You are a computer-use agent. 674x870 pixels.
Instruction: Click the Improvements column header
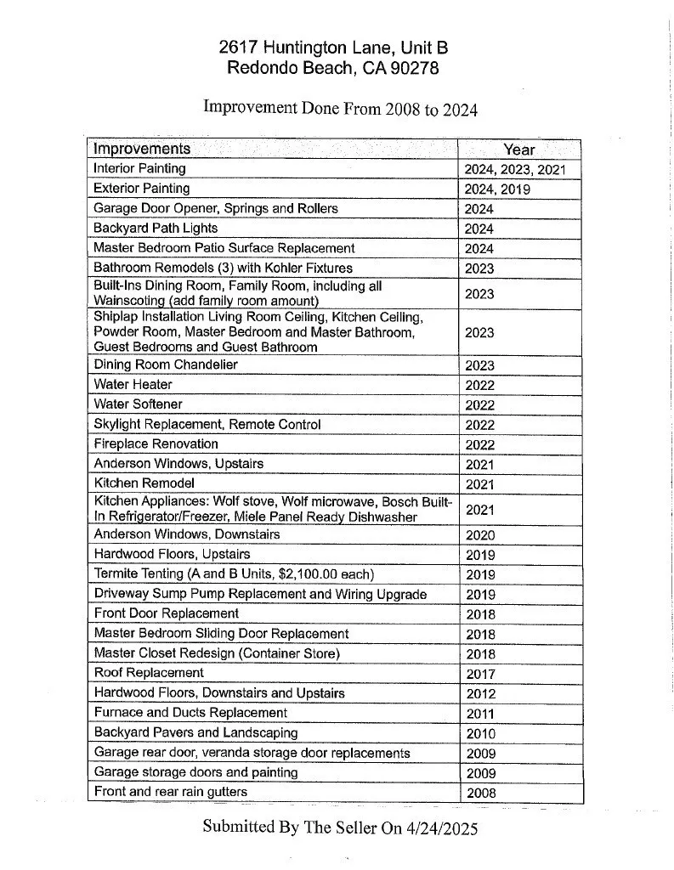click(142, 149)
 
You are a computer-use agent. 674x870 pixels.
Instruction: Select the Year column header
click(518, 149)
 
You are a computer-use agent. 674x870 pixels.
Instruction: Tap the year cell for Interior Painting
click(514, 169)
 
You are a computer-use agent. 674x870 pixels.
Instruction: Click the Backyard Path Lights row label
click(156, 228)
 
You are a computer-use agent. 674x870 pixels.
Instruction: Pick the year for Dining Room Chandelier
click(480, 365)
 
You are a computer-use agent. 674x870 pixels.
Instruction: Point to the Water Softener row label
click(138, 404)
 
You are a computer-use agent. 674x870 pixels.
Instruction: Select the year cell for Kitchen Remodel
click(480, 484)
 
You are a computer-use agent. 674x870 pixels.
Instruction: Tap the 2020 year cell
click(480, 535)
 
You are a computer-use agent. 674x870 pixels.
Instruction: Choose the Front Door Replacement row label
click(166, 613)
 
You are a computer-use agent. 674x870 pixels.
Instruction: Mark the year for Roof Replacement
click(480, 674)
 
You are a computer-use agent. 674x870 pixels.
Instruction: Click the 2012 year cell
click(480, 693)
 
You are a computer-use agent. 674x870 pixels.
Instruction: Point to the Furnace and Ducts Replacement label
click(190, 713)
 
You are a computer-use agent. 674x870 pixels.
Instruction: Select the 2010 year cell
click(480, 733)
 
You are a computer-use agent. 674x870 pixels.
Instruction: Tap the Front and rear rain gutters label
click(170, 792)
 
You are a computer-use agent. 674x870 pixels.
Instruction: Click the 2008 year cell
click(480, 794)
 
